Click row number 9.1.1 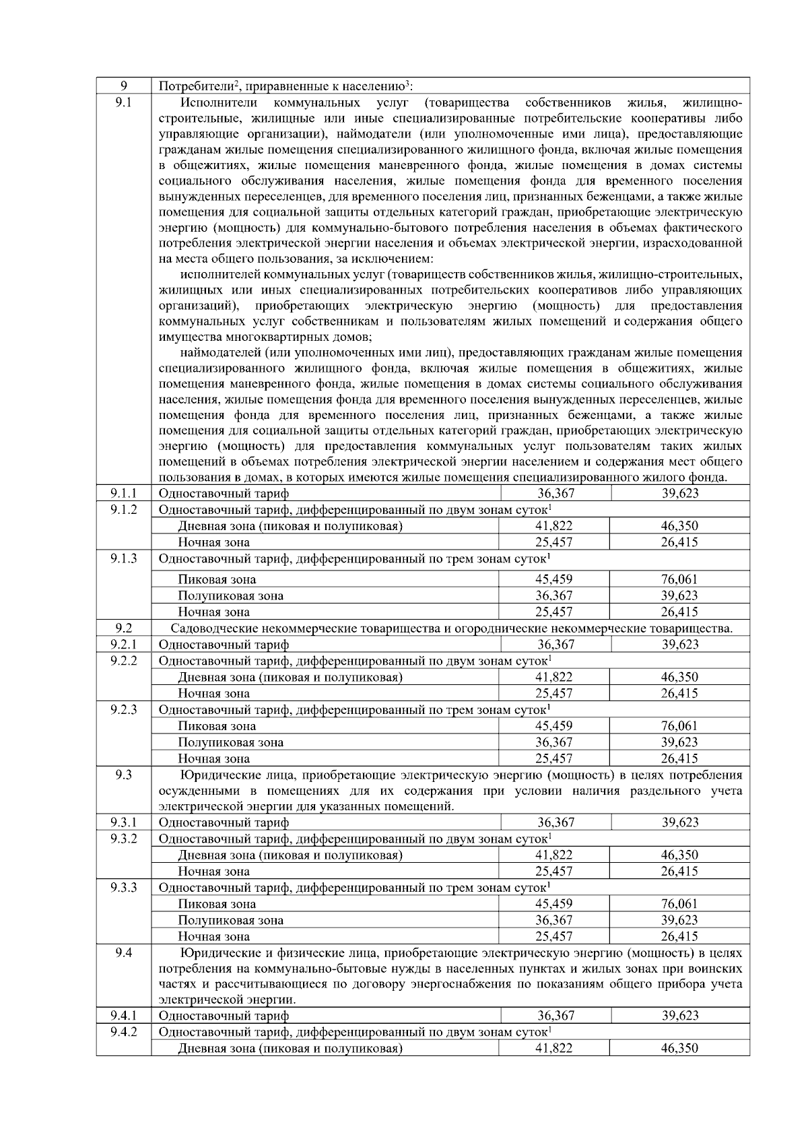click(123, 494)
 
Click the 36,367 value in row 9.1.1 click(555, 494)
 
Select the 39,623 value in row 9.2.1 click(679, 645)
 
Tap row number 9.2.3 click(123, 709)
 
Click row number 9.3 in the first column click(123, 775)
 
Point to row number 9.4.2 click(123, 1032)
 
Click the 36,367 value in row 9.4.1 click(555, 1016)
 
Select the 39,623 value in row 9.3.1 click(679, 822)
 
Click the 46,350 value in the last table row click(679, 1048)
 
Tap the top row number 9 click(123, 86)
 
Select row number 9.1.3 click(123, 558)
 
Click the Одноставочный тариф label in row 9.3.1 click(224, 822)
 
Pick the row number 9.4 click(123, 953)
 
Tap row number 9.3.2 click(123, 839)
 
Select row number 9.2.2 click(123, 661)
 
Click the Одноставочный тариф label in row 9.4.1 click(224, 1016)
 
